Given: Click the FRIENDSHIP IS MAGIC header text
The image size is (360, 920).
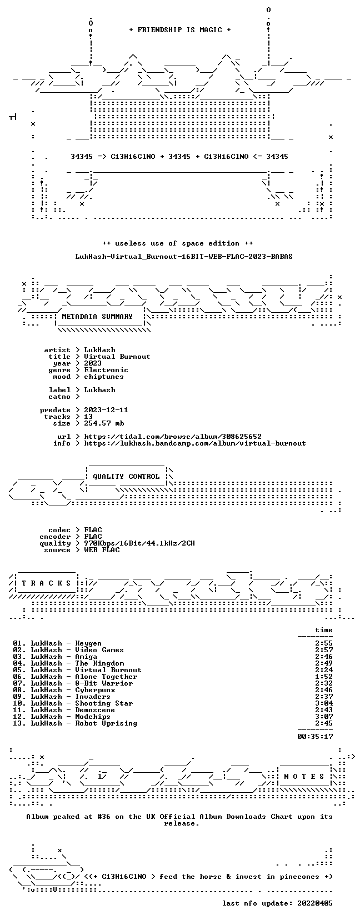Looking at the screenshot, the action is point(180,30).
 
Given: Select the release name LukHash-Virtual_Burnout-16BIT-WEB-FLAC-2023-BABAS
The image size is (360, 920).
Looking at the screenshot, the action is point(184,257).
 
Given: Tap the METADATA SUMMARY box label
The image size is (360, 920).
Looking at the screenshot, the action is point(97,317).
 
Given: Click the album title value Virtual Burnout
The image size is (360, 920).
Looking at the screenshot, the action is point(117,357).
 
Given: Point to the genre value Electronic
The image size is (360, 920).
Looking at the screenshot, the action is point(106,370).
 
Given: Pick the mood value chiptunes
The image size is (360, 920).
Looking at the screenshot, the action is point(104,377).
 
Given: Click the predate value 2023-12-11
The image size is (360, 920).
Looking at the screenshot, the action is point(106,410).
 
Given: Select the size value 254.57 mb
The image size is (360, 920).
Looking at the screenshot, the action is point(104,423).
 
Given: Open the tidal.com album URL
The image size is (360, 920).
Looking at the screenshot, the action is point(173,437).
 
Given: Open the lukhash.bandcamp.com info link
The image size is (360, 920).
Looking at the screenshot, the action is point(195,443).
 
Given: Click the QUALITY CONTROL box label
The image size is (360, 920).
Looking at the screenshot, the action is point(126,477).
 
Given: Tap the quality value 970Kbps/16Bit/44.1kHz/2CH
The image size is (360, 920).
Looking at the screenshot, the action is point(139,543).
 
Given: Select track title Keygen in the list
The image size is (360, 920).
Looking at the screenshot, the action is point(88,643).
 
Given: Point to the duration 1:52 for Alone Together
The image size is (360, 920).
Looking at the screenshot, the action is point(324,677).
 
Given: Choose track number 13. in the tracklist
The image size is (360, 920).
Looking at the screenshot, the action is point(19,723).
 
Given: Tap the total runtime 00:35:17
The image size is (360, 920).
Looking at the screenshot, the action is point(315,737).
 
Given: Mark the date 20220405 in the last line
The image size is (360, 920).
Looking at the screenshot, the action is point(315,903).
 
